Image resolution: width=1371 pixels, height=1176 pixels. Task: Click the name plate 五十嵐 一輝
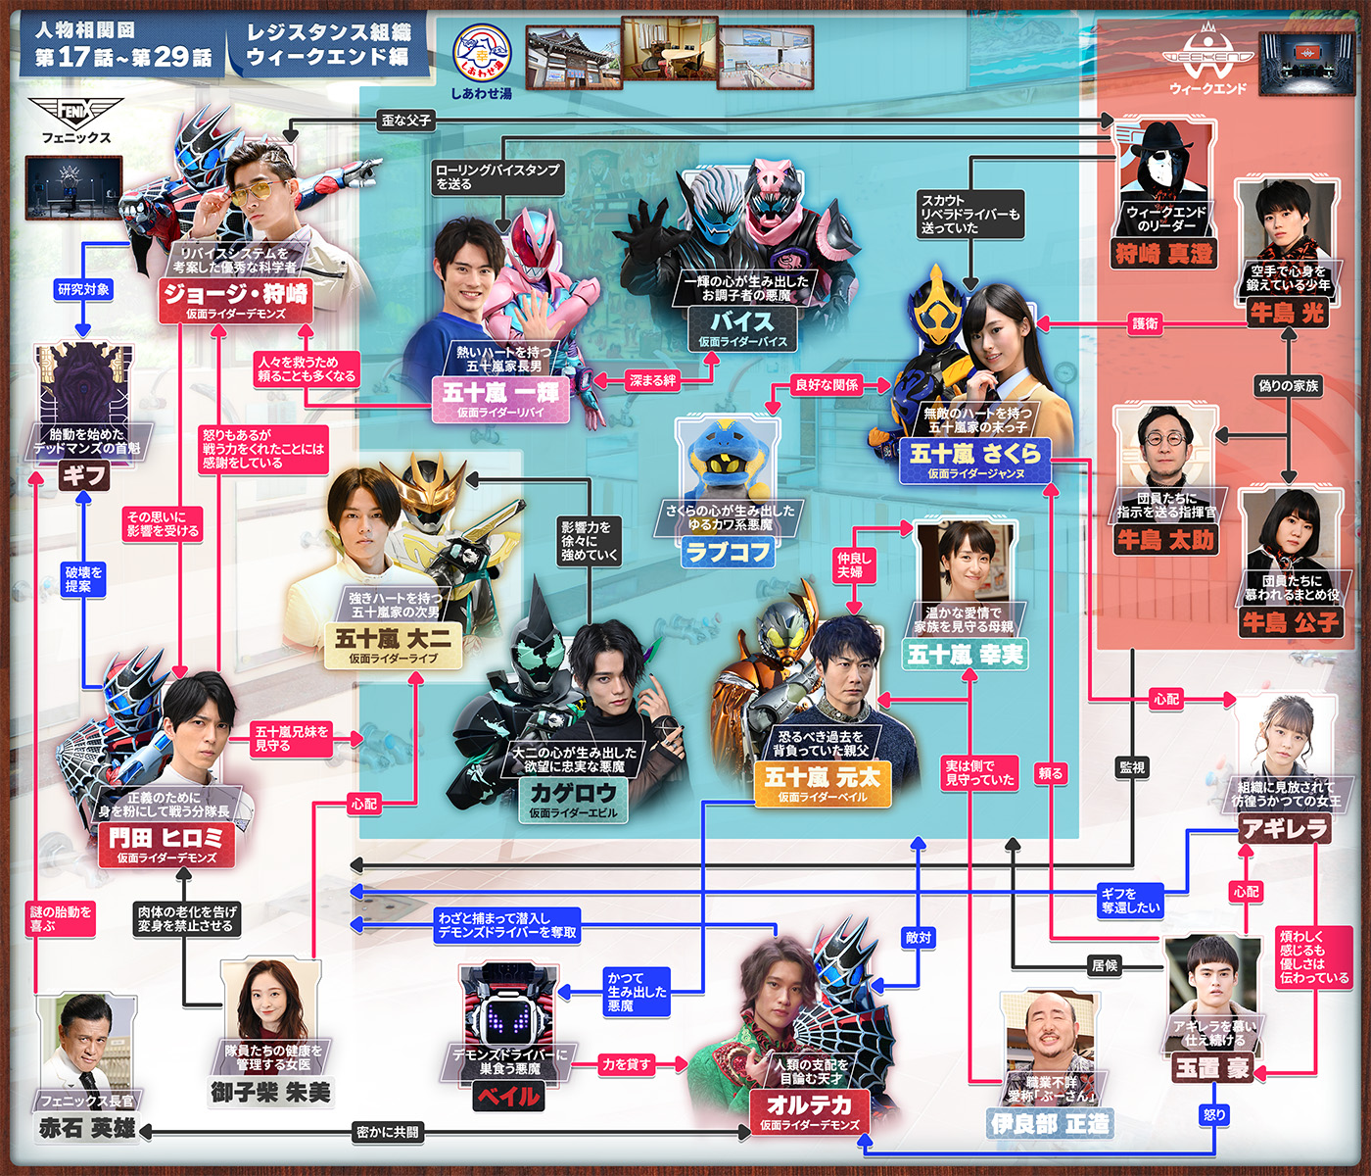tap(500, 394)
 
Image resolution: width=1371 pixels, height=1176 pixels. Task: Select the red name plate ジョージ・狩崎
tap(236, 294)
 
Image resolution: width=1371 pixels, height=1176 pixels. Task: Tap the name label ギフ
tap(83, 476)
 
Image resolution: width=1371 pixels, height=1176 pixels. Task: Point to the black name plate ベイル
tap(508, 1096)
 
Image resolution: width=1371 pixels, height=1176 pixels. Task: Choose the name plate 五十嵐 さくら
tap(974, 455)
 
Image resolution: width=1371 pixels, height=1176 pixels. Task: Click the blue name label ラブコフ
tap(729, 552)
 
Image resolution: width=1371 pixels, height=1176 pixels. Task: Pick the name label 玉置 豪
tap(1212, 1068)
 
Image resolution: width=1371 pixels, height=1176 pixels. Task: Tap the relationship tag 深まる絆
tap(652, 380)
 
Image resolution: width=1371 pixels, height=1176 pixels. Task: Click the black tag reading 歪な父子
tap(406, 121)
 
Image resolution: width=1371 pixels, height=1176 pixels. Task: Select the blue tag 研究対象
tap(83, 289)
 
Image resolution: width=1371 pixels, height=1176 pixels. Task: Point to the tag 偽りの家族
tap(1288, 385)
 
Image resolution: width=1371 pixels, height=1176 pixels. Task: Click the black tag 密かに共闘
tap(388, 1132)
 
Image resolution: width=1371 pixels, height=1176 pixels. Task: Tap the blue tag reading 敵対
tap(919, 938)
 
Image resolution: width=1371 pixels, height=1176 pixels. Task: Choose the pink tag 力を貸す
tap(626, 1064)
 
